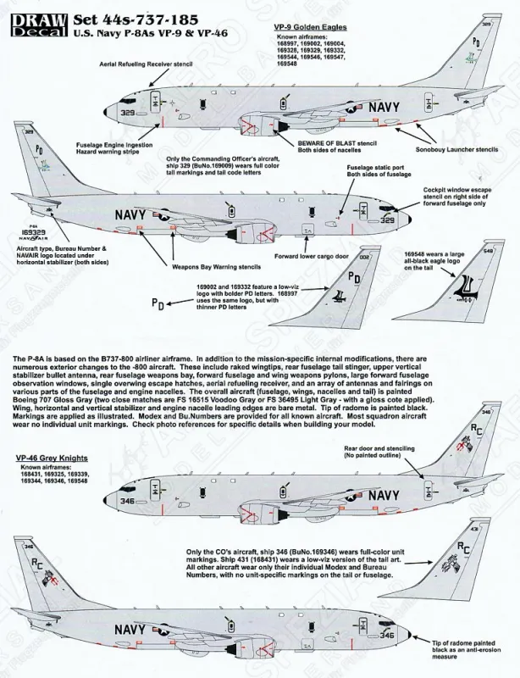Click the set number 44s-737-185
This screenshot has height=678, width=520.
(x=131, y=10)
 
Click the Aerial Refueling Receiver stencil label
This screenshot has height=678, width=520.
(x=147, y=64)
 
